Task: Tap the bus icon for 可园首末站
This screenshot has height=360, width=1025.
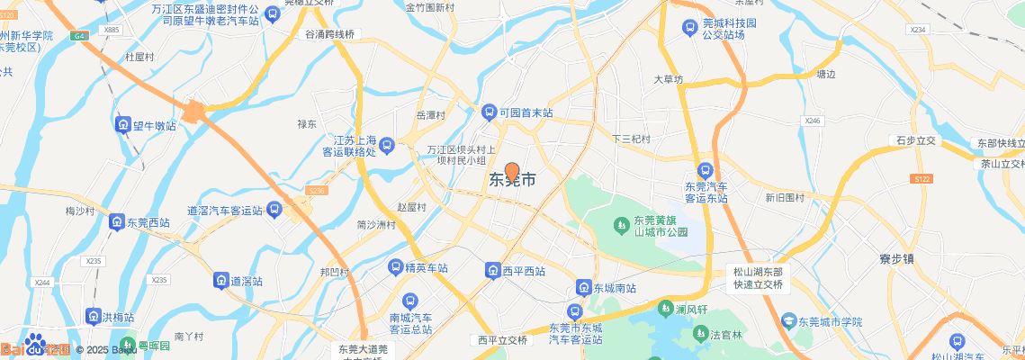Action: pos(490,113)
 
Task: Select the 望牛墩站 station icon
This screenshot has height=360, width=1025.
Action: pos(121,125)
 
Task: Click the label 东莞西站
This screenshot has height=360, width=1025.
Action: pos(148,222)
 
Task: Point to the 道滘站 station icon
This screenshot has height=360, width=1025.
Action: pos(220,281)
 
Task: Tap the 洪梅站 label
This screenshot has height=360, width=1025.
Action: pos(117,318)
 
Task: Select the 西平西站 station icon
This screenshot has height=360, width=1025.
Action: pos(492,271)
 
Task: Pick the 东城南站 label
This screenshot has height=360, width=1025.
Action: pos(615,289)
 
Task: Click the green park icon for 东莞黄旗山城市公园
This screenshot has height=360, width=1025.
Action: pos(621,224)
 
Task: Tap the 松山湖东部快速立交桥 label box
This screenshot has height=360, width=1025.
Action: pos(758,278)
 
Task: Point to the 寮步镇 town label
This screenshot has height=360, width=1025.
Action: pos(896,259)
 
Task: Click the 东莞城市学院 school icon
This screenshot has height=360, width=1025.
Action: pos(788,321)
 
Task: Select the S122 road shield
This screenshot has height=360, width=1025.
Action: pos(920,180)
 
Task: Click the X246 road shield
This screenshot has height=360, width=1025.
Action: pos(813,121)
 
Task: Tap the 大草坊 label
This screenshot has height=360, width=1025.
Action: pos(669,79)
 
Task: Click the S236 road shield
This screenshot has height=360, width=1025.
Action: pos(317,191)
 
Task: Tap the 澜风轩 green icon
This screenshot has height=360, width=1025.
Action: pos(666,309)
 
